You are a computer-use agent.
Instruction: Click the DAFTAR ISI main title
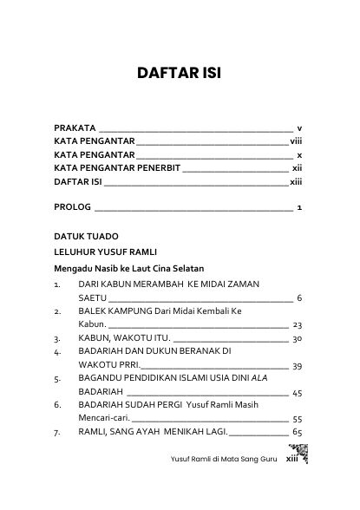click(x=180, y=73)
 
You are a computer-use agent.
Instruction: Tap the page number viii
click(x=296, y=141)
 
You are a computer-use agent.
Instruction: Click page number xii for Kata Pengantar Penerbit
click(x=296, y=168)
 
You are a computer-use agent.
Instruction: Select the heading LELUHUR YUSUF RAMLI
click(x=109, y=252)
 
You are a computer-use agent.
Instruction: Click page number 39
click(x=296, y=367)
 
